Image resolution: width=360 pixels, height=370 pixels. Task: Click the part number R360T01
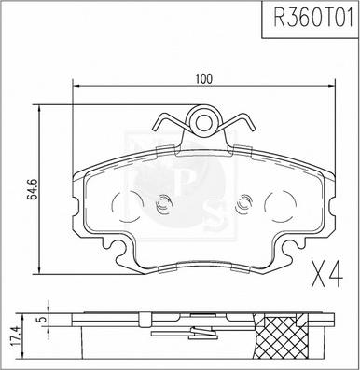click(312, 18)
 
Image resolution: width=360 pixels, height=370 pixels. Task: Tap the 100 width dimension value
click(203, 79)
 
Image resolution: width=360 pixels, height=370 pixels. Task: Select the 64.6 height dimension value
click(33, 189)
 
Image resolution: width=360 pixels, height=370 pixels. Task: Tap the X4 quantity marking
click(327, 274)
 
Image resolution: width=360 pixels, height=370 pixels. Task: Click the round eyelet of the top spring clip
click(202, 122)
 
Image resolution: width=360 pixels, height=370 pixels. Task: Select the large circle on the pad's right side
click(280, 206)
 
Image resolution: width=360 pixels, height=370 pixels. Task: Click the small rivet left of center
click(163, 204)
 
